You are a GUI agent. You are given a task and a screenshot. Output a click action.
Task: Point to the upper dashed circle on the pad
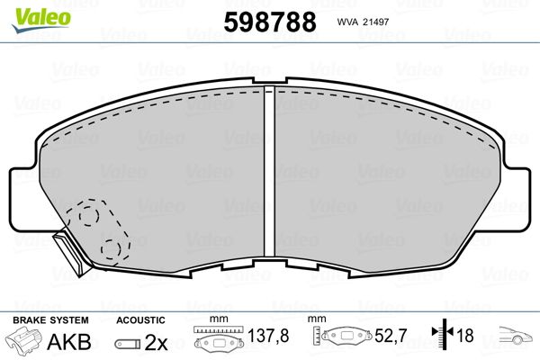[86, 216]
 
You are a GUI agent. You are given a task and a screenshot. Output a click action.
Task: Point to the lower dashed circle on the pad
[112, 249]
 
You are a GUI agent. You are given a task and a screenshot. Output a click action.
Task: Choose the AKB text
[61, 342]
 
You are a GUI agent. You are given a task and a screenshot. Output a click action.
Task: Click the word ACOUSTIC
[140, 320]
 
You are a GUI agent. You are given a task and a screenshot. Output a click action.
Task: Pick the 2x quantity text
[156, 342]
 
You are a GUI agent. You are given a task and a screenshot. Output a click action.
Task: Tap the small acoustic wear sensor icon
[126, 343]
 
